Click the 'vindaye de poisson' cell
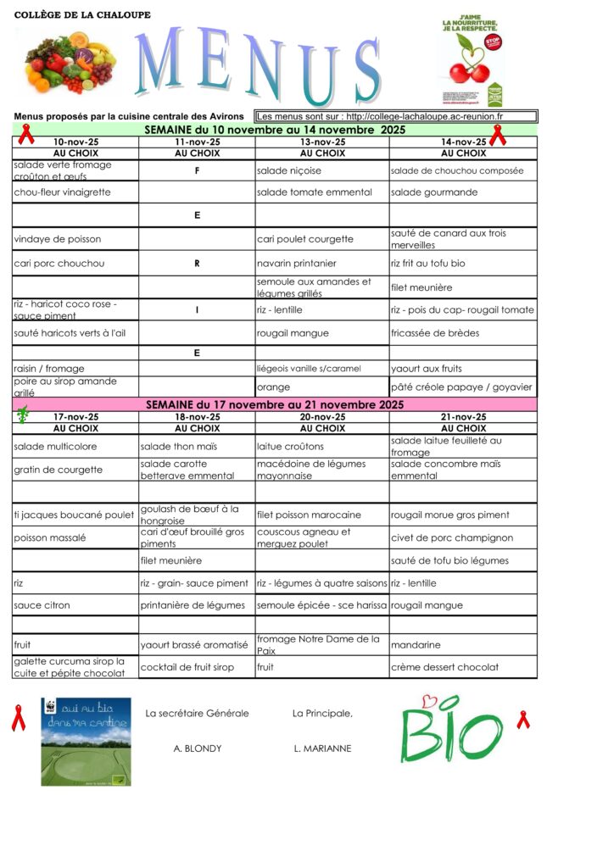(x=58, y=239)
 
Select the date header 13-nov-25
(x=322, y=142)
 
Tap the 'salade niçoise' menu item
(x=289, y=170)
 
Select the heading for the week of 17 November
(x=275, y=405)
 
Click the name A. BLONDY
(x=198, y=748)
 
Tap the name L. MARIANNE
(x=322, y=748)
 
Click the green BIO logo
(x=451, y=731)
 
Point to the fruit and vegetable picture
(x=68, y=63)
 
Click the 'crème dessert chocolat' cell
(x=444, y=667)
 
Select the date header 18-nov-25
(x=197, y=417)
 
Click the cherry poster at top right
(x=472, y=59)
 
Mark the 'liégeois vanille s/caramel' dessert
(x=309, y=368)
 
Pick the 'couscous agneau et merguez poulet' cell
(x=304, y=537)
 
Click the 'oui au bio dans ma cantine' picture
(x=86, y=741)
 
